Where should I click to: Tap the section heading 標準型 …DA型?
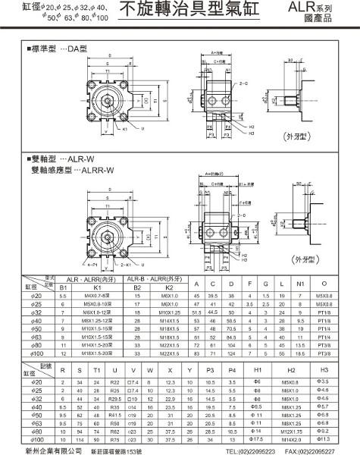58,47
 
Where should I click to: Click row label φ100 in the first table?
35,353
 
